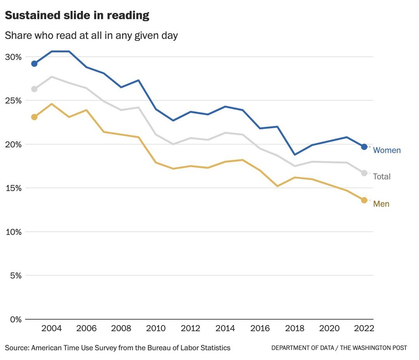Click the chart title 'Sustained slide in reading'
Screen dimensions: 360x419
(77, 16)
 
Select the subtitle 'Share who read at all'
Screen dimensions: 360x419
(91, 36)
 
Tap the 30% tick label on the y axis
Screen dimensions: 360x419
(13, 57)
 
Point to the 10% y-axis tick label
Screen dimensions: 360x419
(13, 232)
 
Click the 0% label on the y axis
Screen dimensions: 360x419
(15, 319)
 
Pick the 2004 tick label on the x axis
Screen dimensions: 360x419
(51, 329)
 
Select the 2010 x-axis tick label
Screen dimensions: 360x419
(156, 329)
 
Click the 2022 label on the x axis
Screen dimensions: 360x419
(364, 329)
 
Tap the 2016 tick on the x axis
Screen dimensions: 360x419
(260, 329)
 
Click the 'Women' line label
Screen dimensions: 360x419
(386, 150)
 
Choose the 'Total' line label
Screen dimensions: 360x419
(382, 177)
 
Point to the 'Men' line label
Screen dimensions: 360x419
(381, 204)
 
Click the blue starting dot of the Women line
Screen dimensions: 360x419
(34, 64)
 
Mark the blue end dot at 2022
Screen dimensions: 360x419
(364, 146)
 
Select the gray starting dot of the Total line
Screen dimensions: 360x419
(34, 89)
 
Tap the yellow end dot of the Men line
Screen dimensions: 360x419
(364, 200)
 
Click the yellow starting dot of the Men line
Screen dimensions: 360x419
(34, 117)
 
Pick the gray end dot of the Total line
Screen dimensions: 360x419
(364, 173)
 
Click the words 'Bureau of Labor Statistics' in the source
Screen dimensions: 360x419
(189, 348)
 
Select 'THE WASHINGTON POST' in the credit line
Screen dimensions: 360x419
(374, 348)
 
